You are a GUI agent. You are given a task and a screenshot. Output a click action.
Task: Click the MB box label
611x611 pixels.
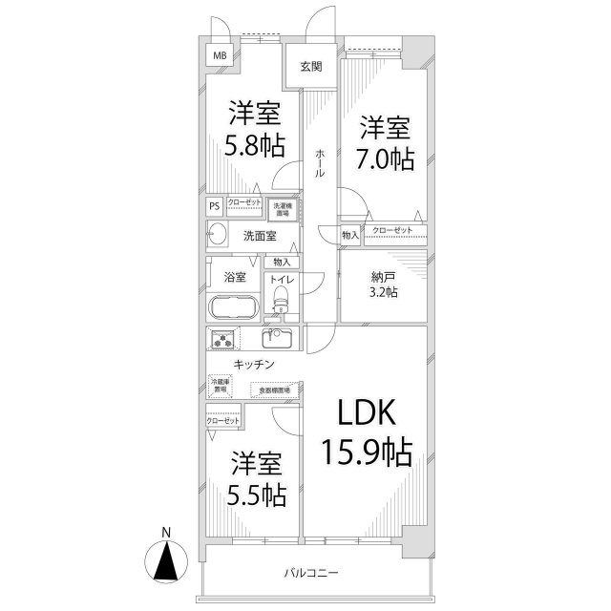click(x=220, y=55)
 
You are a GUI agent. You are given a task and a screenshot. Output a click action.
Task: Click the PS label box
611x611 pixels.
click(x=215, y=204)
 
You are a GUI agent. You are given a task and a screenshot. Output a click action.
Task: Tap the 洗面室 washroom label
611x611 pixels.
click(x=259, y=236)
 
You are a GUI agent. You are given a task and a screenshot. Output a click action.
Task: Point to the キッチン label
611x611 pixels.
click(x=254, y=365)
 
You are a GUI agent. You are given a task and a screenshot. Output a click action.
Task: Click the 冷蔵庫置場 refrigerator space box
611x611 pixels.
click(x=220, y=386)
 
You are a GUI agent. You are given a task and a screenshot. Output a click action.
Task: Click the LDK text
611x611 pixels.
click(x=364, y=412)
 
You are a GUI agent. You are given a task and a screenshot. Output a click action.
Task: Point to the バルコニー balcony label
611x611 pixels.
click(x=311, y=573)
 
